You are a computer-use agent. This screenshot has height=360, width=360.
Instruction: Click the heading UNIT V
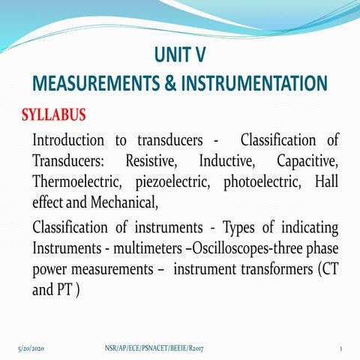[x=179, y=55]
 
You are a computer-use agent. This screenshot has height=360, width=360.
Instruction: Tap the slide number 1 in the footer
[x=340, y=349]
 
